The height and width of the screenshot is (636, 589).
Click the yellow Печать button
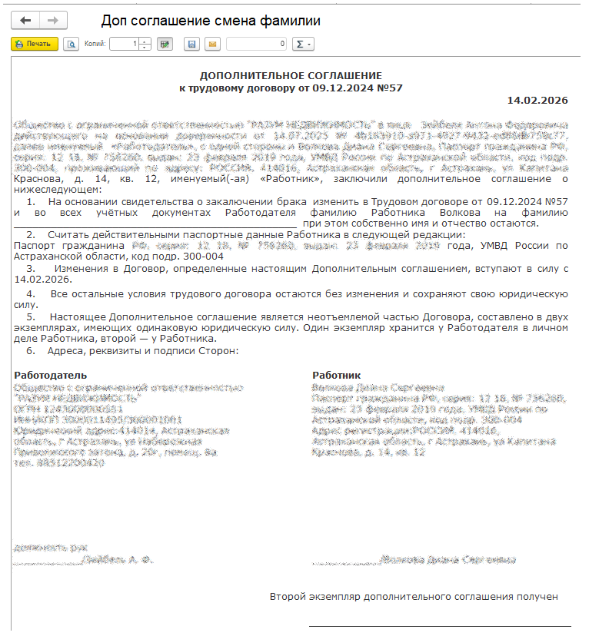pos(35,45)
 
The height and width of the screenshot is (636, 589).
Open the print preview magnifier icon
pos(71,45)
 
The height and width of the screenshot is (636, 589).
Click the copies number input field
pos(125,45)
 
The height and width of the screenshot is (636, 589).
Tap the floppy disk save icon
pos(192,45)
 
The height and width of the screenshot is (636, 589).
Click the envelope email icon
pos(211,45)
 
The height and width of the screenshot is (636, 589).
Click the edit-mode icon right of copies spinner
pos(164,45)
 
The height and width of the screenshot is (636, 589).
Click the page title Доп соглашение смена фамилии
pos(211,21)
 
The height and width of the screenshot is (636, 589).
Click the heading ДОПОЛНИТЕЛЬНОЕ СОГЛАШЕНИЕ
pos(291,76)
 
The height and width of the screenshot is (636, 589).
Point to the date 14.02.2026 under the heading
pos(537,101)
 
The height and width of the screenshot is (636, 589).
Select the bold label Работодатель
pos(45,375)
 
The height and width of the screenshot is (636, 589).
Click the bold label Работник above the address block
pos(335,375)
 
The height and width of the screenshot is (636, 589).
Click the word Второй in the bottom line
pos(288,597)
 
